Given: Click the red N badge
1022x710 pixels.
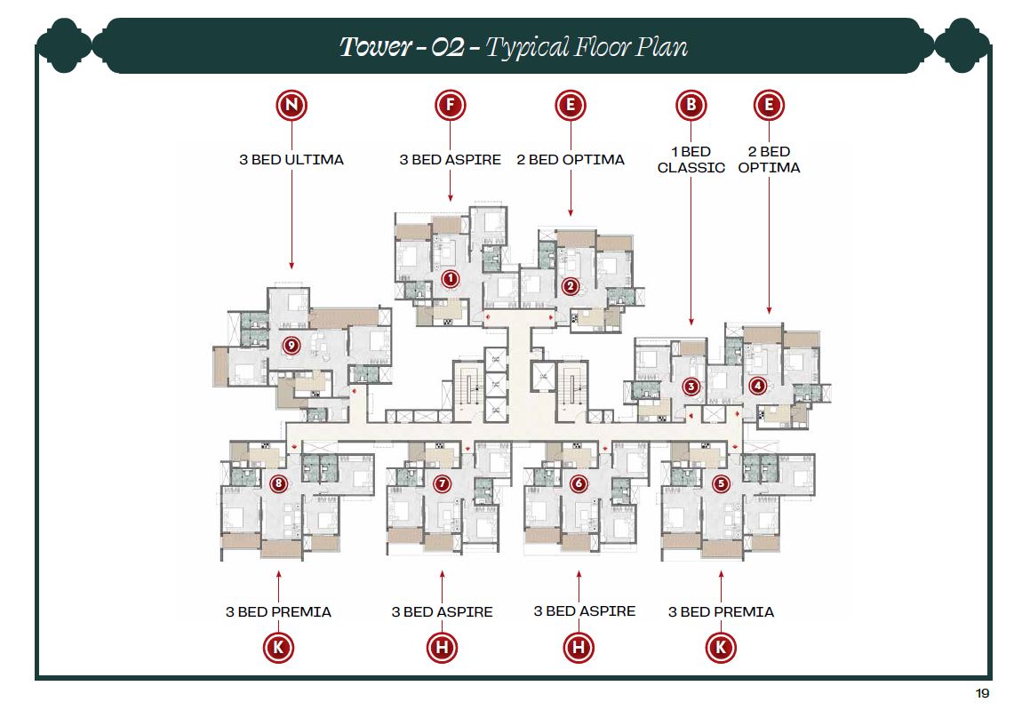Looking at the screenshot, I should pyautogui.click(x=291, y=106).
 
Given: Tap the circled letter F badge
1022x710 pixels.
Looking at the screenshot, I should pyautogui.click(x=451, y=106).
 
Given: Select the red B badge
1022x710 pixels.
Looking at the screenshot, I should pyautogui.click(x=691, y=106).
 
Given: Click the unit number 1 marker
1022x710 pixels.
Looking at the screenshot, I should pyautogui.click(x=451, y=279).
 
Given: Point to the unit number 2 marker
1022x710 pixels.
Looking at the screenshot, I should pyautogui.click(x=571, y=286).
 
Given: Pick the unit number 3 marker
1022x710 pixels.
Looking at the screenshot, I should pyautogui.click(x=691, y=387).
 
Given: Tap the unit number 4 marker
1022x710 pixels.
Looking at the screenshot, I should pyautogui.click(x=757, y=386).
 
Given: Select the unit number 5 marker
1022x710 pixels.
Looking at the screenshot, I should pyautogui.click(x=721, y=484).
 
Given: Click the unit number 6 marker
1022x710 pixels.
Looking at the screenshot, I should pyautogui.click(x=579, y=484).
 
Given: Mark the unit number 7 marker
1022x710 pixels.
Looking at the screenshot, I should pyautogui.click(x=442, y=484).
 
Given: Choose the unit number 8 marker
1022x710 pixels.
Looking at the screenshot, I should pyautogui.click(x=279, y=484).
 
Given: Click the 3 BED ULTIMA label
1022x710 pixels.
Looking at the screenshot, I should pyautogui.click(x=291, y=160).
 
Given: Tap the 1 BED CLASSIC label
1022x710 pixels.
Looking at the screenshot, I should pyautogui.click(x=691, y=160).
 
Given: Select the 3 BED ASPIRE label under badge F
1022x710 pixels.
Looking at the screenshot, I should pyautogui.click(x=450, y=160).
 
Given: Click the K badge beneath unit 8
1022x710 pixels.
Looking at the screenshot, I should pyautogui.click(x=279, y=648).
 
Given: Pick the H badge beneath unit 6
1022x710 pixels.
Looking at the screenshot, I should pyautogui.click(x=579, y=648).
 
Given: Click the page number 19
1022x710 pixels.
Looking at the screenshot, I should pyautogui.click(x=982, y=693).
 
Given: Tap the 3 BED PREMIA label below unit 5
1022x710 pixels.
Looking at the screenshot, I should pyautogui.click(x=721, y=611).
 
